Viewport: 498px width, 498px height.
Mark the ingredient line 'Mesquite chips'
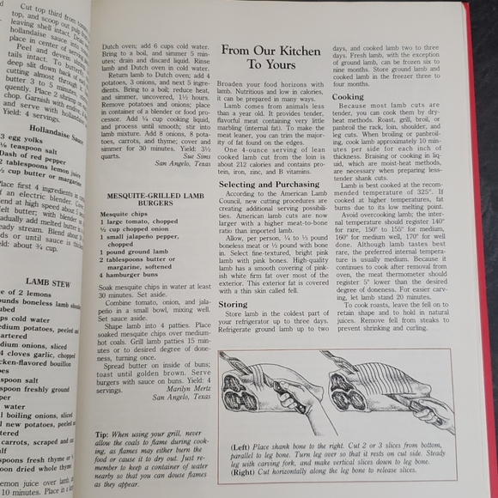click(123, 212)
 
